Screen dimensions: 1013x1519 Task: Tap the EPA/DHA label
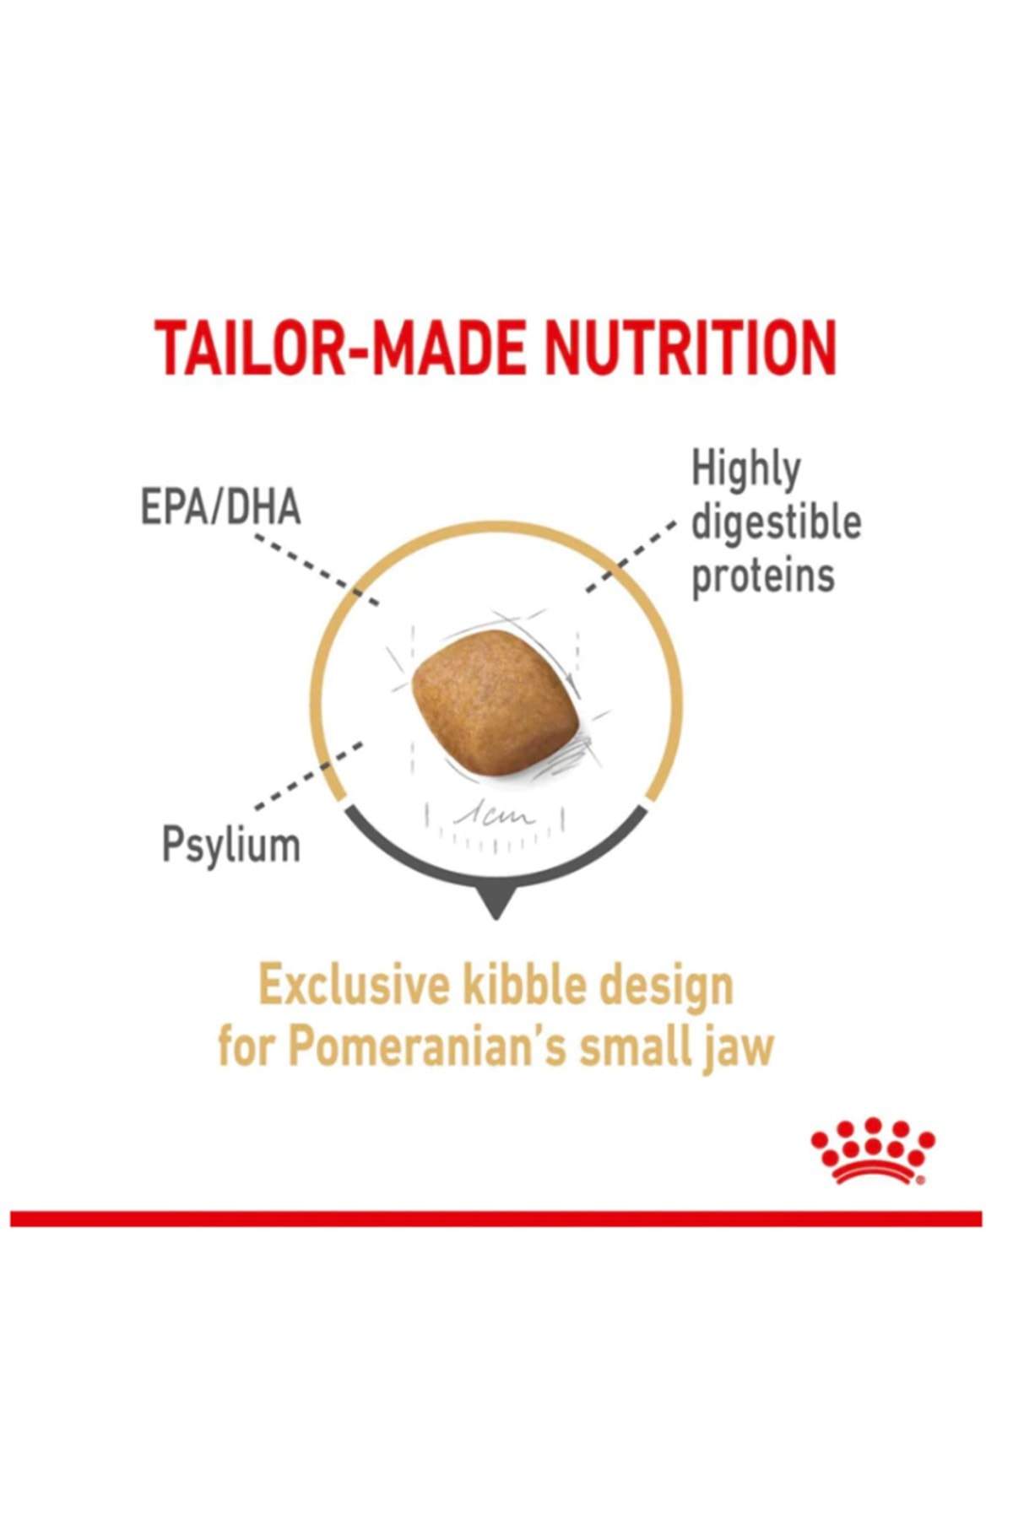pyautogui.click(x=220, y=508)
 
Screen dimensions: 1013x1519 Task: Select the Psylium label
pyautogui.click(x=230, y=845)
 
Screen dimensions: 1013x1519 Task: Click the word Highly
pyautogui.click(x=745, y=470)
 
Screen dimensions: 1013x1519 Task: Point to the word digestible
pyautogui.click(x=776, y=522)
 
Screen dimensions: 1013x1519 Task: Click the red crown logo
pyautogui.click(x=873, y=1150)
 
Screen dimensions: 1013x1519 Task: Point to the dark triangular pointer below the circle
pyautogui.click(x=496, y=905)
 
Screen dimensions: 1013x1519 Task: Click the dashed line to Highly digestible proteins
pyautogui.click(x=631, y=556)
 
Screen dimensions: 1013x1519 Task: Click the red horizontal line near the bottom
pyautogui.click(x=496, y=1219)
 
